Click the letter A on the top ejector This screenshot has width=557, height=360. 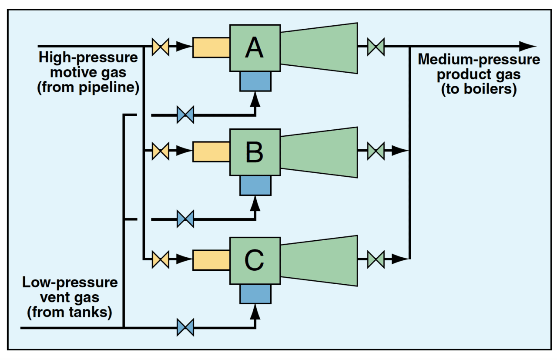coord(254,47)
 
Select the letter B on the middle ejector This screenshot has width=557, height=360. coord(254,152)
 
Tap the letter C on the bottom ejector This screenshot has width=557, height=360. coord(254,260)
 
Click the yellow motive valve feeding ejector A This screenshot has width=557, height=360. coord(160,47)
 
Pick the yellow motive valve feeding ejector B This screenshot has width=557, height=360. coord(160,151)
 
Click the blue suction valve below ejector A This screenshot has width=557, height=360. coord(185,115)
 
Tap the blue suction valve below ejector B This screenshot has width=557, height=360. coord(185,219)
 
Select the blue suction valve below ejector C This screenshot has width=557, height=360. coord(185,327)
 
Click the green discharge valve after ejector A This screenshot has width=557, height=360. coord(376,47)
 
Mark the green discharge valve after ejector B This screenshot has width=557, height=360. coord(376,151)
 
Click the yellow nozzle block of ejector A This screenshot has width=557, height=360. coord(211,47)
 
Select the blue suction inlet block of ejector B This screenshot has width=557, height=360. coord(255,186)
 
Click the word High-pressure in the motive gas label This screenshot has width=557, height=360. coord(88,57)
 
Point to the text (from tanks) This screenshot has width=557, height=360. coord(70,312)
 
